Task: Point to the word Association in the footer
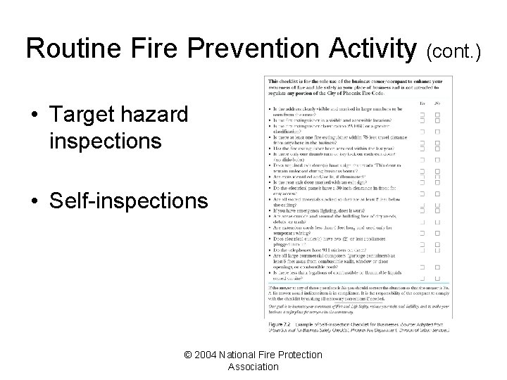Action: click(x=253, y=367)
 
